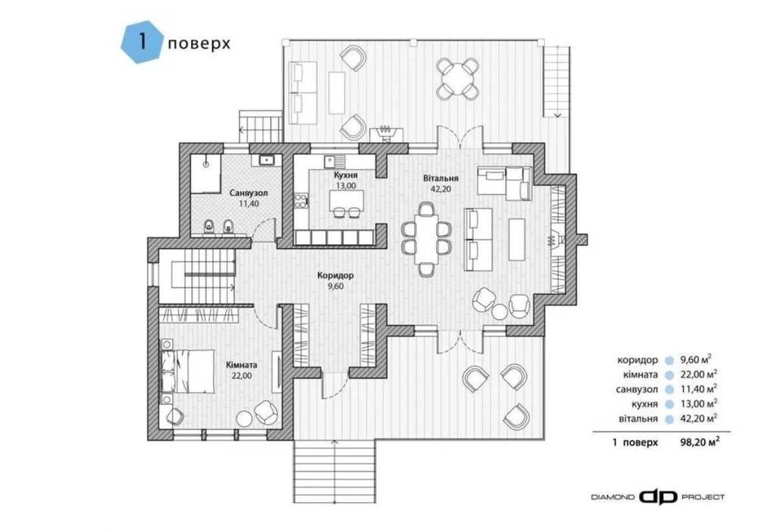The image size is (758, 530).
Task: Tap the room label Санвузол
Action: click(x=249, y=193)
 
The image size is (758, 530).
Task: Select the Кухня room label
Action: click(x=346, y=175)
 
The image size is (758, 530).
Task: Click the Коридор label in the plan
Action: click(x=336, y=276)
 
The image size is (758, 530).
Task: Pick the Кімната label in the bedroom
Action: click(x=242, y=365)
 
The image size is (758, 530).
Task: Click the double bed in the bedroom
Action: click(x=187, y=372)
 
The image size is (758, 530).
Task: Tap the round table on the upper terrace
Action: click(x=457, y=78)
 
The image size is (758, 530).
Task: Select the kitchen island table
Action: click(x=346, y=201)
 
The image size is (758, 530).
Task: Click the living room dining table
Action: click(x=426, y=240)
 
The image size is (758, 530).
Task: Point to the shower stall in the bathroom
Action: click(x=205, y=174)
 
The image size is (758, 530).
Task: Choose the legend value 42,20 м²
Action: click(x=698, y=418)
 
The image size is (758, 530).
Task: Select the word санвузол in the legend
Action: click(x=637, y=389)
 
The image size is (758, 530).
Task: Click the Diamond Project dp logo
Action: click(x=658, y=497)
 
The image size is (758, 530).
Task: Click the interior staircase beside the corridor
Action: click(x=197, y=275)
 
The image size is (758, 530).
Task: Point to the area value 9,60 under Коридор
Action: click(x=336, y=287)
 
